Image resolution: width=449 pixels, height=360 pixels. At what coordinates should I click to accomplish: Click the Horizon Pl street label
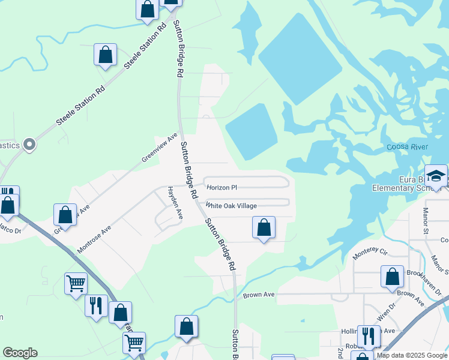tap(222, 188)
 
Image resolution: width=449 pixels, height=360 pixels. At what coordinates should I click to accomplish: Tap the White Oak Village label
tap(231, 206)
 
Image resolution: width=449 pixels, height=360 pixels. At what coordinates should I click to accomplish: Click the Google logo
tap(20, 353)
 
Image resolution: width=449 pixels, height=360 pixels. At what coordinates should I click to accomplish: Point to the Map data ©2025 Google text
tap(411, 355)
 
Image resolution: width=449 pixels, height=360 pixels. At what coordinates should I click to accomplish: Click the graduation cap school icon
tap(436, 175)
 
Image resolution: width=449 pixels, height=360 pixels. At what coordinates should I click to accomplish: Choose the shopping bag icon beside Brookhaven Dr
tap(392, 277)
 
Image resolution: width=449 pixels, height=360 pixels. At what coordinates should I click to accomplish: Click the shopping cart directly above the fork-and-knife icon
tap(76, 283)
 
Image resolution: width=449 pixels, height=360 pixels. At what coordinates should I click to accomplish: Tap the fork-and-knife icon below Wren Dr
tap(367, 336)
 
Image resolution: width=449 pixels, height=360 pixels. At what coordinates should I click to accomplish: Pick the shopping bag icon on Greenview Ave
tap(65, 215)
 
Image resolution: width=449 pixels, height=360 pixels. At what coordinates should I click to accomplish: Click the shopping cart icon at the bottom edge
tap(134, 343)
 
